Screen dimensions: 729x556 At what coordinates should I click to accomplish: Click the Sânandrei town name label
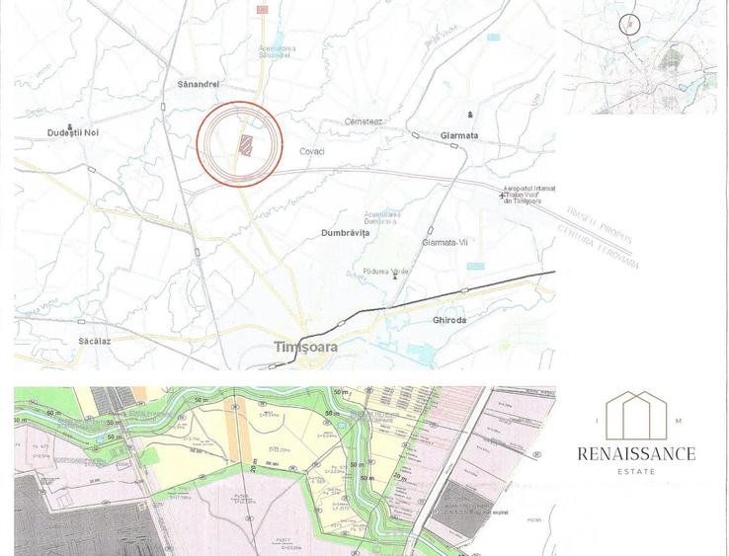[x=197, y=84]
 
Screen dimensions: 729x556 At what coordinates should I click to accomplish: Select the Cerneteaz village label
[x=364, y=121]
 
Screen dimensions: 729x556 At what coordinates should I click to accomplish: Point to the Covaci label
[x=312, y=151]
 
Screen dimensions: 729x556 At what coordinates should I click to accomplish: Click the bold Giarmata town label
[x=459, y=135]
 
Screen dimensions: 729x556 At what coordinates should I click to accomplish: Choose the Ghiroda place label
[x=449, y=320]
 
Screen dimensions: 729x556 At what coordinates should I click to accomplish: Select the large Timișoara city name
[x=305, y=347]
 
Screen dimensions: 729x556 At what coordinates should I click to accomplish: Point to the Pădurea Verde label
[x=385, y=271]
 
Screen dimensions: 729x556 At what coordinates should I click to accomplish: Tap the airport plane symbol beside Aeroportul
[x=502, y=196]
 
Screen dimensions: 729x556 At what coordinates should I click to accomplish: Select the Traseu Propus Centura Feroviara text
[x=602, y=237]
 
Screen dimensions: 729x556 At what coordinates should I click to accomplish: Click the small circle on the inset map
[x=629, y=25]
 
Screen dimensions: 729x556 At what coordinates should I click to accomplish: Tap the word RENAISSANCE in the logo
[x=636, y=454]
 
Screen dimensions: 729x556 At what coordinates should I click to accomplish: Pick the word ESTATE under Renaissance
[x=636, y=473]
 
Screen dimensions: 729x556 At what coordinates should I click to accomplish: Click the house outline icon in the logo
[x=636, y=415]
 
